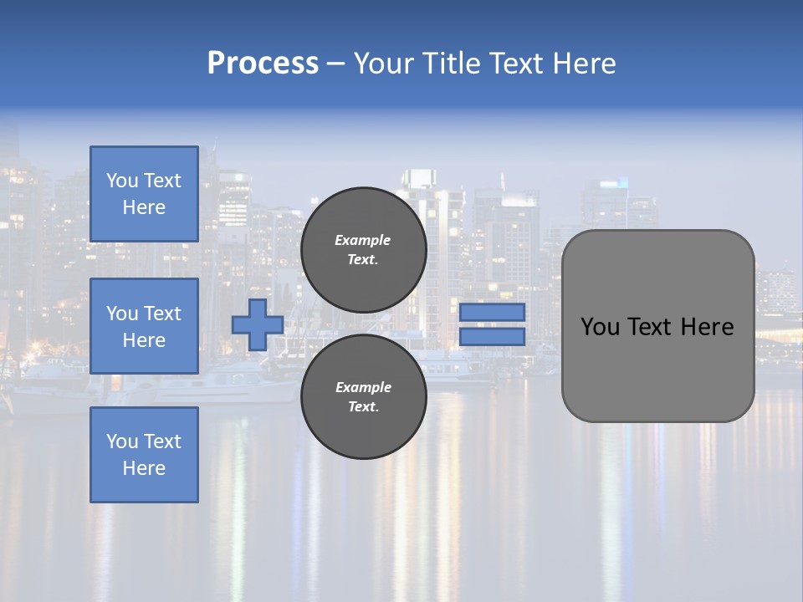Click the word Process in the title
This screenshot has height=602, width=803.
pyautogui.click(x=263, y=64)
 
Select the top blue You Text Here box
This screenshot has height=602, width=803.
pyautogui.click(x=144, y=194)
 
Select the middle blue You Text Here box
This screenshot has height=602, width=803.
pyautogui.click(x=144, y=326)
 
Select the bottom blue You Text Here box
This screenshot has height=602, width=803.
pyautogui.click(x=144, y=455)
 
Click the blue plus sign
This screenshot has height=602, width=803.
pyautogui.click(x=257, y=324)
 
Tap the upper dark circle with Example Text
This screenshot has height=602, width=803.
pyautogui.click(x=363, y=250)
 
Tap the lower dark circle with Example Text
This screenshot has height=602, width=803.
pyautogui.click(x=363, y=396)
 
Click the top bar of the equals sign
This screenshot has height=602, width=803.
pyautogui.click(x=492, y=312)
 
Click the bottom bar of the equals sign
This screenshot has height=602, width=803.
pyautogui.click(x=492, y=336)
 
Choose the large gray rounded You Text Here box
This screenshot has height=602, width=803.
pyautogui.click(x=657, y=326)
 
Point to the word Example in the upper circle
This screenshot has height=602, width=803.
pyautogui.click(x=363, y=240)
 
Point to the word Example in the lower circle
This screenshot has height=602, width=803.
pyautogui.click(x=363, y=387)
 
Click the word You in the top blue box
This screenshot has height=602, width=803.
pyautogui.click(x=122, y=181)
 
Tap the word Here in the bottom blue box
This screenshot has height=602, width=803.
pyautogui.click(x=144, y=468)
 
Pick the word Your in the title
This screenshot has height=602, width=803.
pyautogui.click(x=384, y=64)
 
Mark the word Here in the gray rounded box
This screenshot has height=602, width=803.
pyautogui.click(x=708, y=327)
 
